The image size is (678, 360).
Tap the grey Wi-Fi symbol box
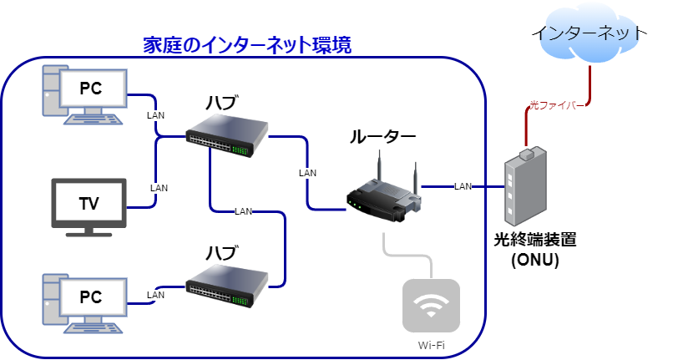pos(431,307)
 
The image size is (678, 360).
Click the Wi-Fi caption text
pos(431,345)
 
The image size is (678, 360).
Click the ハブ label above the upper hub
pos(222,102)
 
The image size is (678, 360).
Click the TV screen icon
pos(89,203)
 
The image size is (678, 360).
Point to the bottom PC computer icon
pos(83,298)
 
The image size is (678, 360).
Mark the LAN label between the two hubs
pos(244,210)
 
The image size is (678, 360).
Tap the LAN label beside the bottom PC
pos(155,295)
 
